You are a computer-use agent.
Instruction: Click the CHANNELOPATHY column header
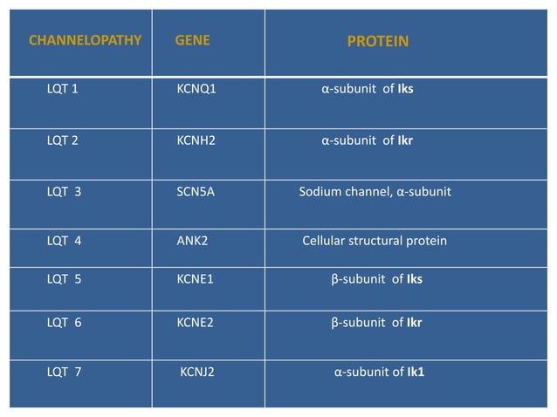(x=86, y=40)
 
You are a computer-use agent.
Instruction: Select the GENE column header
(x=192, y=40)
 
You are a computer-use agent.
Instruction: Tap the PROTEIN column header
(x=378, y=41)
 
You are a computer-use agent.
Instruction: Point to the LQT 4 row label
(x=64, y=240)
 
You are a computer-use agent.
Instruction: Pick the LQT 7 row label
(x=64, y=373)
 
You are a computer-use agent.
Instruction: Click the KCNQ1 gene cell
(x=196, y=89)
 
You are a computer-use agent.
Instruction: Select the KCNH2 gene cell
(x=196, y=139)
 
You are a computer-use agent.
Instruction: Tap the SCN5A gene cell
(x=196, y=192)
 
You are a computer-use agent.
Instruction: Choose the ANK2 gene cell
(x=192, y=240)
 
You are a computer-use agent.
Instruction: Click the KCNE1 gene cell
(x=196, y=279)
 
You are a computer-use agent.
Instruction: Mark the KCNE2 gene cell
(x=196, y=322)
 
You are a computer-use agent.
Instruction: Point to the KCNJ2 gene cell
(x=197, y=373)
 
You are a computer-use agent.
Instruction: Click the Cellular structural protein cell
(x=375, y=240)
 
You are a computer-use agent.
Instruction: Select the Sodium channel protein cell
(x=375, y=192)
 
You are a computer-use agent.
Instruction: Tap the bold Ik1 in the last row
(x=416, y=373)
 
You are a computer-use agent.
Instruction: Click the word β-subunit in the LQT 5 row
(x=355, y=279)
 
